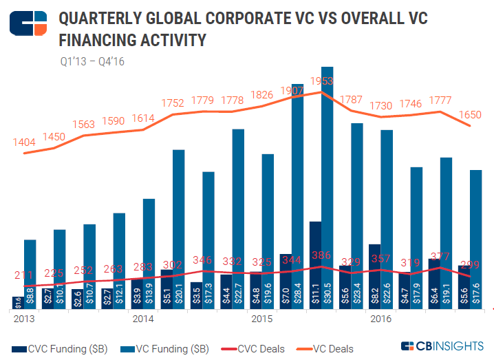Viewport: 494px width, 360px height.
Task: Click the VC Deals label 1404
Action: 24,142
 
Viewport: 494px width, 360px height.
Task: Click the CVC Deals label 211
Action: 24,276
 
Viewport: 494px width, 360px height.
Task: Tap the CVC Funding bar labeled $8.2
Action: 375,276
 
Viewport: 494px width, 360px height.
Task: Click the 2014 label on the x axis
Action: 142,319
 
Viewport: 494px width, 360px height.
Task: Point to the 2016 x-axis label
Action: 380,319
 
